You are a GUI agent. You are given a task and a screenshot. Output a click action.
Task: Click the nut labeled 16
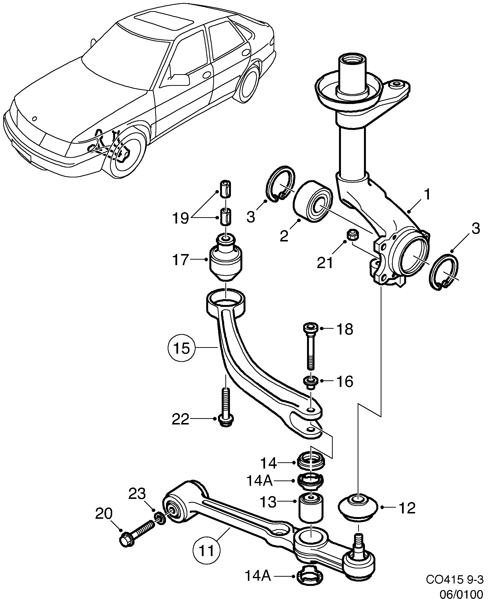point(311,382)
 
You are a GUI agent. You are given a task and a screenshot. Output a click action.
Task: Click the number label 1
point(427,195)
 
